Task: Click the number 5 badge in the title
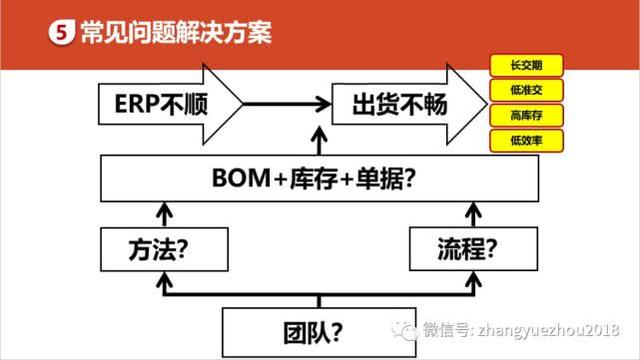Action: (x=62, y=32)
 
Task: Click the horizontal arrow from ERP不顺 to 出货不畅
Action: (x=284, y=103)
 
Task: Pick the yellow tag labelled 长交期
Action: (x=525, y=67)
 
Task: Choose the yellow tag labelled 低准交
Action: (x=525, y=91)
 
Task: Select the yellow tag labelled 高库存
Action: (x=525, y=115)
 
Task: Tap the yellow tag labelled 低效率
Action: (x=525, y=140)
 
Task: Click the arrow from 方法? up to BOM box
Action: (x=161, y=212)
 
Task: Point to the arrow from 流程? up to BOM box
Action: (x=470, y=212)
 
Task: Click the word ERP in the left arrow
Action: (x=132, y=103)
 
